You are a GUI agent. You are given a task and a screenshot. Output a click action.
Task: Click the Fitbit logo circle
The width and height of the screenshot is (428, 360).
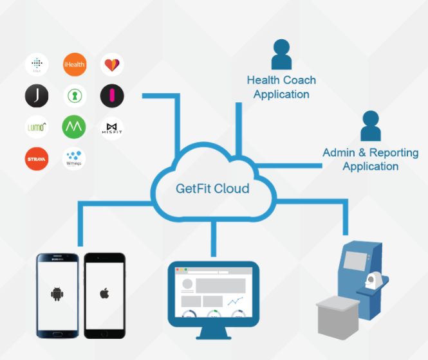point(37,65)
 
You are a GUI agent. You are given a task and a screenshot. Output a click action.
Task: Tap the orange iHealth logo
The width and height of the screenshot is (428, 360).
point(74,64)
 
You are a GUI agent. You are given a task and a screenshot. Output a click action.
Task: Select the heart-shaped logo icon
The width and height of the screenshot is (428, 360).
point(112,64)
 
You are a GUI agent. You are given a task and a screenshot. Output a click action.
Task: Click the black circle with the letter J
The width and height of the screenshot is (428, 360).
point(37,96)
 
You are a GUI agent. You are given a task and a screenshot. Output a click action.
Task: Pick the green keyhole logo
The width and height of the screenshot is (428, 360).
point(74,96)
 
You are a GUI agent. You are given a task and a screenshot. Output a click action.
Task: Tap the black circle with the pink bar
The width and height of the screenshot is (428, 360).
point(112,96)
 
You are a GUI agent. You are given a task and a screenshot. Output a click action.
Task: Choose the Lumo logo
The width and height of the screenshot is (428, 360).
point(37,127)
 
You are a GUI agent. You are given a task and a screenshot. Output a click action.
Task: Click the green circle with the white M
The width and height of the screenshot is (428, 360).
point(74,127)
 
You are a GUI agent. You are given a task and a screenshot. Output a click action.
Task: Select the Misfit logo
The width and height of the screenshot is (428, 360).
point(112,127)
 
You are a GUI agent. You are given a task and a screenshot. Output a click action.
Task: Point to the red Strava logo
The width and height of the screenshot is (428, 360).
point(37,159)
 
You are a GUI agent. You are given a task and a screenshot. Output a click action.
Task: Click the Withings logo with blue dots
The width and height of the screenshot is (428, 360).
point(74,159)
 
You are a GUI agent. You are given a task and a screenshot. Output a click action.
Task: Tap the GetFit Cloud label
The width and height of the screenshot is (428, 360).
point(212,190)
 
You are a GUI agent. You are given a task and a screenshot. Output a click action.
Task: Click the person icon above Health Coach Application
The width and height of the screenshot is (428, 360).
point(281,55)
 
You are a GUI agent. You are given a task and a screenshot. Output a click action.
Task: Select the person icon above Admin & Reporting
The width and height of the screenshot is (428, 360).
point(370,126)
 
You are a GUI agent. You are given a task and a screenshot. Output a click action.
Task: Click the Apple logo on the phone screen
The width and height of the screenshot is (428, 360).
point(104,294)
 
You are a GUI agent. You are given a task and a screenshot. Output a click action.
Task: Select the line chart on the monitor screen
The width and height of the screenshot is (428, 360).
point(236,300)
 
